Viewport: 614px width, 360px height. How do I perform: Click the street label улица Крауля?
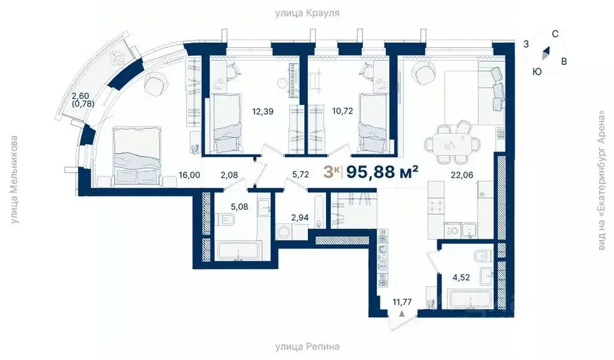click(x=307, y=13)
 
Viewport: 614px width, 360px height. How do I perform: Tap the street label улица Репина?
click(x=307, y=347)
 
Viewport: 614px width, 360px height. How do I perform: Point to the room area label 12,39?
click(x=263, y=111)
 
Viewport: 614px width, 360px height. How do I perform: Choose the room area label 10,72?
click(x=342, y=111)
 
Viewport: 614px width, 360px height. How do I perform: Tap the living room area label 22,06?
click(x=463, y=175)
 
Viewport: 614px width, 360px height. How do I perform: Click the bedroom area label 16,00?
click(x=189, y=175)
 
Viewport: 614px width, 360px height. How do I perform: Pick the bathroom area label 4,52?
click(x=463, y=277)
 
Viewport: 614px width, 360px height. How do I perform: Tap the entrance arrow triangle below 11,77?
click(x=403, y=314)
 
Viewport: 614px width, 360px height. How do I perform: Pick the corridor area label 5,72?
click(x=300, y=175)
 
